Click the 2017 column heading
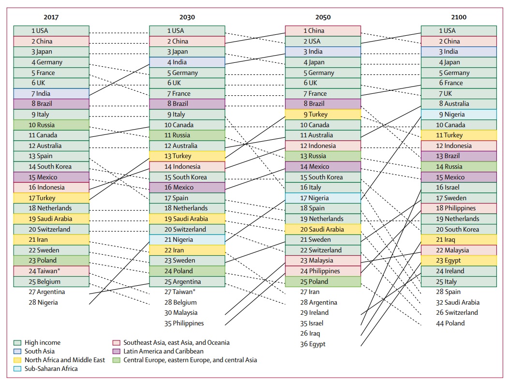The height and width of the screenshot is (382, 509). coord(51,17)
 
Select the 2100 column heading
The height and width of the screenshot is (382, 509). coord(458,17)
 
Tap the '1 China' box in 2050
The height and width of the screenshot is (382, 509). coord(323,31)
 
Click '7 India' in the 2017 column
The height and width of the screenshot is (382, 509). coord(51,93)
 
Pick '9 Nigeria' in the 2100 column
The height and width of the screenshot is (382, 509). coord(458,115)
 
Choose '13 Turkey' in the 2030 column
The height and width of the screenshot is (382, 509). coord(187,156)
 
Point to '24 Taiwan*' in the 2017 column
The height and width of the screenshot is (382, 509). coord(51,271)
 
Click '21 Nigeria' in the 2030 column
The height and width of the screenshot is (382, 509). coord(187,240)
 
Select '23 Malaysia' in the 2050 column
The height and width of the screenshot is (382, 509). coord(323,261)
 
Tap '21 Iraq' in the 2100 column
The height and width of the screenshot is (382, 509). coord(458,240)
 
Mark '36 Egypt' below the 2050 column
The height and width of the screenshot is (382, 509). coord(313,344)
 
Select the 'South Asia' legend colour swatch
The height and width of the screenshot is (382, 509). coord(17,352)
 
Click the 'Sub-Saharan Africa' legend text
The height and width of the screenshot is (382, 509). coord(51,368)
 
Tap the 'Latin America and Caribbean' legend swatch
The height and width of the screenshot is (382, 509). coord(116,352)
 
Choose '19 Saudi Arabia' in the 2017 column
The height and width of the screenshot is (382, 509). coord(51,219)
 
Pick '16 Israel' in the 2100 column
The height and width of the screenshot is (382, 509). coord(458,188)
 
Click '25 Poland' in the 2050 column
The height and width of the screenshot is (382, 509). coord(323,281)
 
